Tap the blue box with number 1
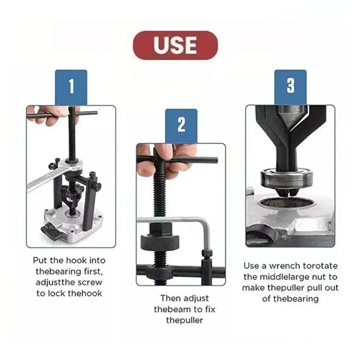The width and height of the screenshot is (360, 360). (71, 87)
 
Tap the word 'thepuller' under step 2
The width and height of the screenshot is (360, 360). (184, 320)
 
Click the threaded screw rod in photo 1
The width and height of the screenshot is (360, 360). (72, 140)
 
